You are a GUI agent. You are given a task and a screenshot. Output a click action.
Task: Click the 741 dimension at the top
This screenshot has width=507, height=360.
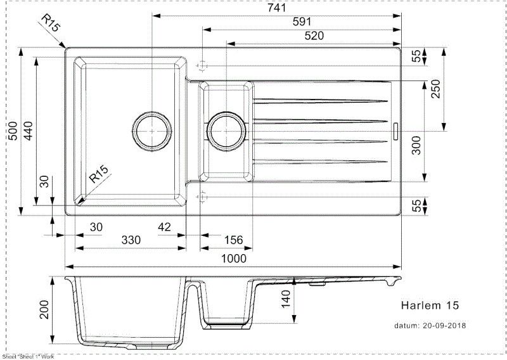(278, 8)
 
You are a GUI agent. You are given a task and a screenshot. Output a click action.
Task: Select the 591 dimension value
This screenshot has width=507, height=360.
(302, 22)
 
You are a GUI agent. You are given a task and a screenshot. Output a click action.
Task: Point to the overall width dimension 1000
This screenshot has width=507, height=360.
(234, 258)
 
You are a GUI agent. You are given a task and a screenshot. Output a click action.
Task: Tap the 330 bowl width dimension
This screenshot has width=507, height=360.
(131, 240)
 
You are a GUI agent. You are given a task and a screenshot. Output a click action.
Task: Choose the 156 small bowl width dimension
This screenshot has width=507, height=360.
(233, 240)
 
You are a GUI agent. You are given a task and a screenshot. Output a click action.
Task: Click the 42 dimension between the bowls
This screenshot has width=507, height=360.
(165, 226)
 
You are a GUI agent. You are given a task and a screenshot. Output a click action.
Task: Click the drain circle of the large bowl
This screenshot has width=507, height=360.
(152, 131)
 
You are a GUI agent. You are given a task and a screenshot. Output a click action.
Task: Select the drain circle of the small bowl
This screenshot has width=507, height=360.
(226, 131)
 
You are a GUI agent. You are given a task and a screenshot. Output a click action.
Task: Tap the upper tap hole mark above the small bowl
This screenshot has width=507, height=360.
(202, 65)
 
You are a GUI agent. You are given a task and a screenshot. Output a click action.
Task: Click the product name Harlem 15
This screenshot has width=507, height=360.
(429, 305)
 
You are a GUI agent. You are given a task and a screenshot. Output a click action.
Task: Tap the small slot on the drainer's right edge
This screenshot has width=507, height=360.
(395, 131)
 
